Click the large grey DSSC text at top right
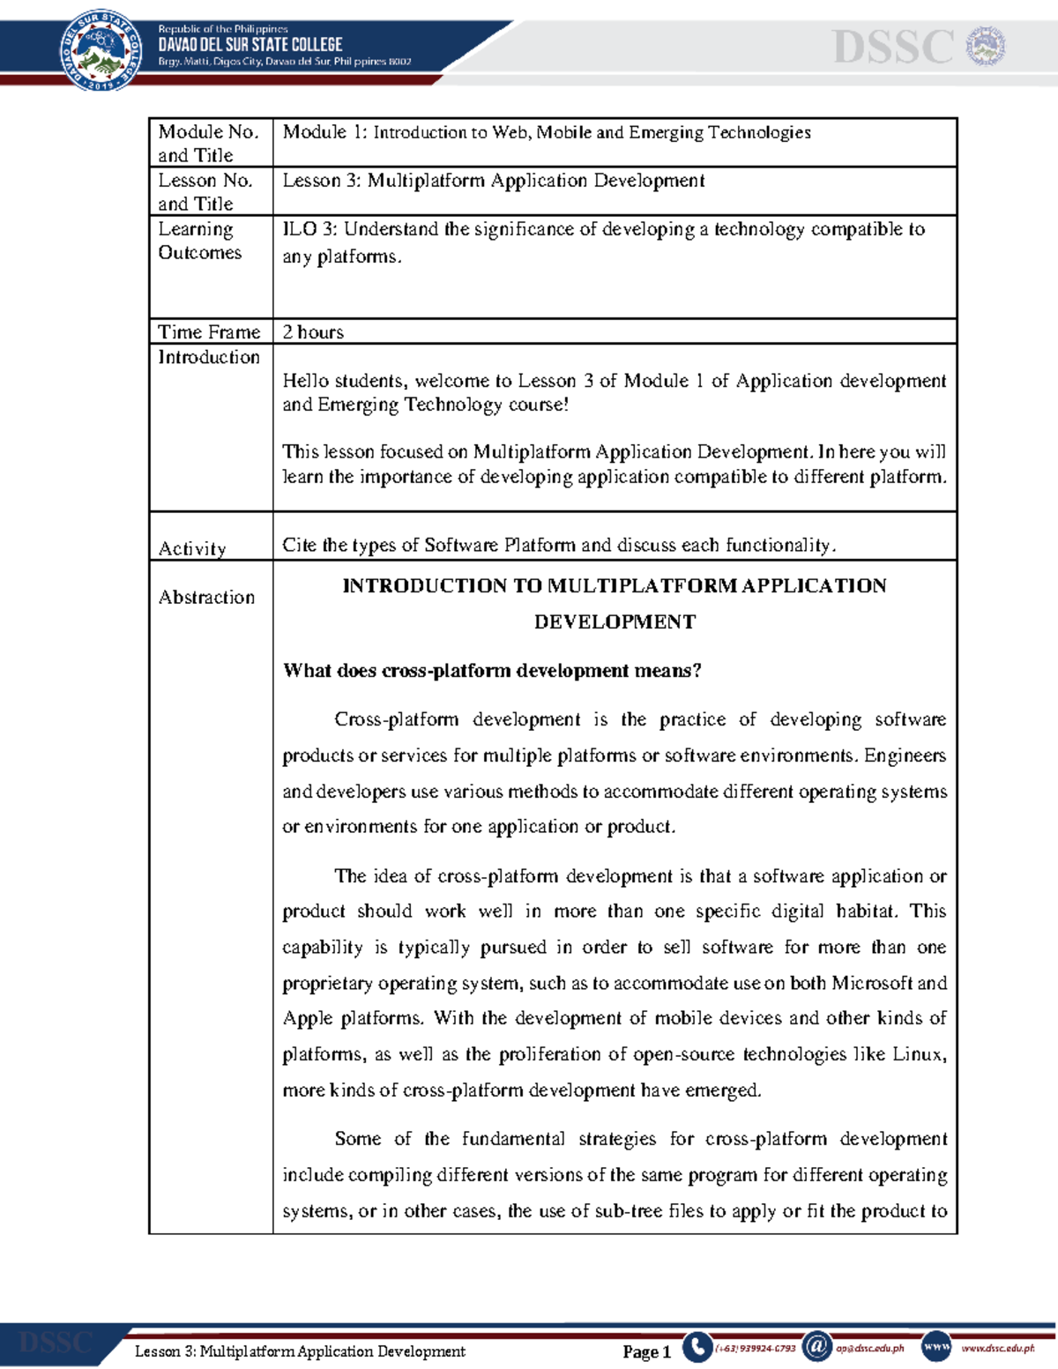tap(893, 48)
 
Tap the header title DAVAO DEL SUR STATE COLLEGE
tap(250, 44)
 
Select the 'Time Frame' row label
tap(209, 332)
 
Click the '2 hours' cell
tap(313, 332)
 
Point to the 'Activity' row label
tap(192, 548)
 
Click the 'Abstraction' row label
tap(206, 597)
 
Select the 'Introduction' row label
tap(209, 357)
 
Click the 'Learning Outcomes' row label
tap(199, 241)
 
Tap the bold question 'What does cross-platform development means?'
tap(492, 671)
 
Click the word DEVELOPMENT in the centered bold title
tap(615, 622)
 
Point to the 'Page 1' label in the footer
tap(646, 1351)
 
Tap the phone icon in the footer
tap(697, 1347)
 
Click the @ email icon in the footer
tap(816, 1346)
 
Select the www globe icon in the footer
tap(935, 1346)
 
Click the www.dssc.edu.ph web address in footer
tap(997, 1348)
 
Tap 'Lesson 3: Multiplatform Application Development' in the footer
tap(300, 1351)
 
